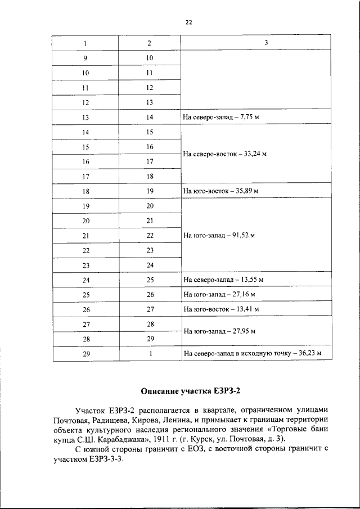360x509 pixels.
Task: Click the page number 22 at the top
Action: pos(189,22)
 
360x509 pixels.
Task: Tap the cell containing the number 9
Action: pos(85,58)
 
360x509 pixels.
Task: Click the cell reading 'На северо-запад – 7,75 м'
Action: pos(223,118)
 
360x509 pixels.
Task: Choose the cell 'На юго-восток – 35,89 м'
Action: pos(220,191)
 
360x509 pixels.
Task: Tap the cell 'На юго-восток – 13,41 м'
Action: pos(220,309)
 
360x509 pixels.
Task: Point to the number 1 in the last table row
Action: pos(149,353)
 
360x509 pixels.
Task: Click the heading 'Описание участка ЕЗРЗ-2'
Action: pos(190,390)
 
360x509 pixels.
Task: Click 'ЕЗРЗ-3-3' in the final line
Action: pos(105,460)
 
